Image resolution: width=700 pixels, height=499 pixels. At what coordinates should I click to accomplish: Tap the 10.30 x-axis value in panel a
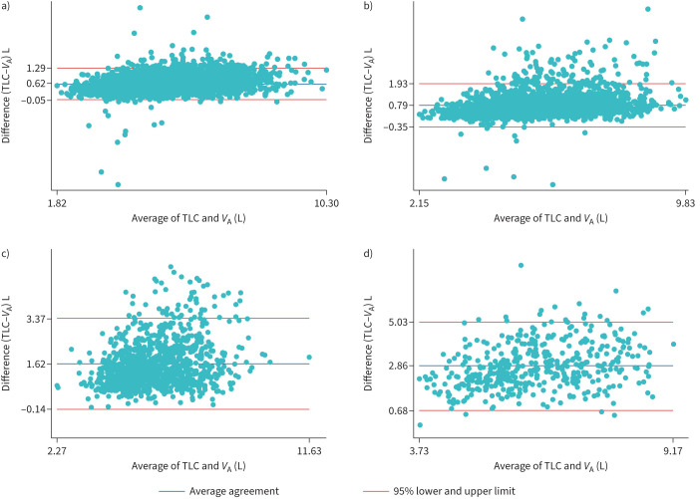[314, 203]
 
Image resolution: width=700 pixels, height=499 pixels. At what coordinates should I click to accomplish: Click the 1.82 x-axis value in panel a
[58, 203]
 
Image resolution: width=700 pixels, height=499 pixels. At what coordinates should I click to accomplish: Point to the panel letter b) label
[369, 6]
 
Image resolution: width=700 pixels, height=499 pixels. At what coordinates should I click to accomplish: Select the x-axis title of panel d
[546, 466]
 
